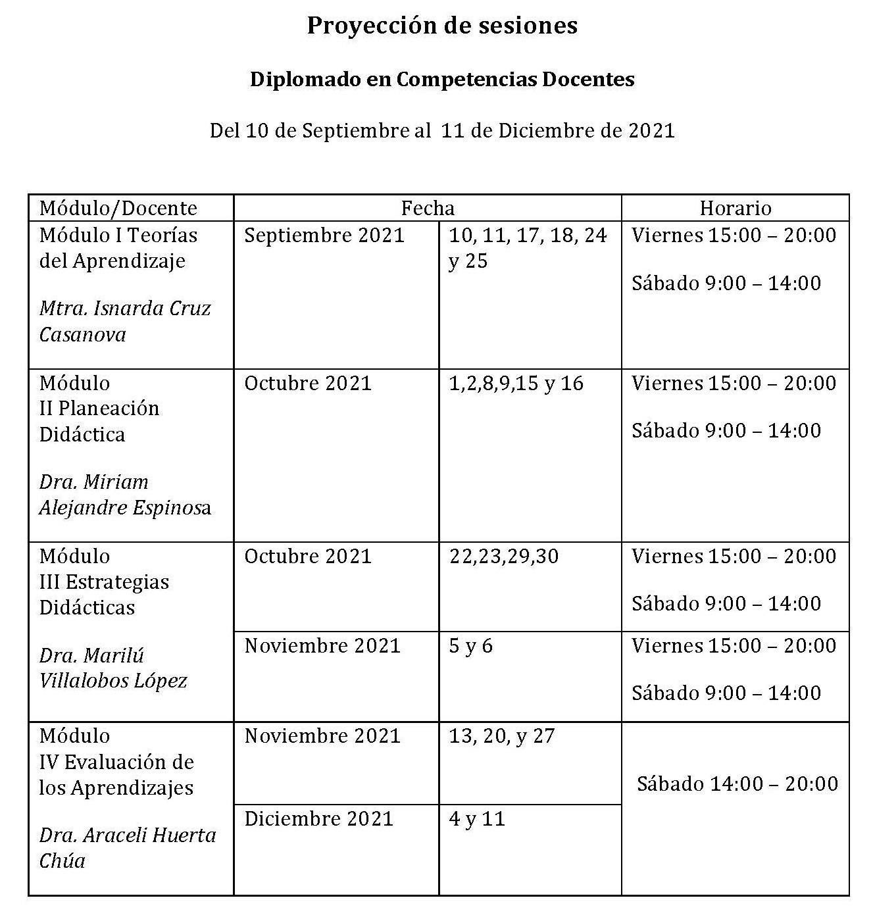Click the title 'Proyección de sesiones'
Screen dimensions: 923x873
click(442, 26)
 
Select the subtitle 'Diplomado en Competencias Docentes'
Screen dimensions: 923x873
click(442, 80)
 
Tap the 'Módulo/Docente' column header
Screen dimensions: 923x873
click(118, 209)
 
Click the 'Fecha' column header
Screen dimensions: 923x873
click(428, 209)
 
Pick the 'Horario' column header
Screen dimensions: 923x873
click(735, 209)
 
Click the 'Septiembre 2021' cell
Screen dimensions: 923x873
click(324, 236)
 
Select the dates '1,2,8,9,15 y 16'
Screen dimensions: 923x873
click(516, 384)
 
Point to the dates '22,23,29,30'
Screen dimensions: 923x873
click(504, 557)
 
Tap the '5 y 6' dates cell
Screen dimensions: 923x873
click(470, 646)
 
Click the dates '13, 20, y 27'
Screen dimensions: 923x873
click(502, 736)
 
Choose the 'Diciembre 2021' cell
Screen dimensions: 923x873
click(319, 819)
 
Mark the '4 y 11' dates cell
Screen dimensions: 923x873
click(477, 819)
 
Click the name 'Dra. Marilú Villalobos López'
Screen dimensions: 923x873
click(113, 668)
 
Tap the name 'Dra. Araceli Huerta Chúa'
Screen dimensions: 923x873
click(128, 848)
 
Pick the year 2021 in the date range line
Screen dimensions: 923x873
click(651, 131)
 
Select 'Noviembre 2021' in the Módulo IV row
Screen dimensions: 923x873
click(322, 736)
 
